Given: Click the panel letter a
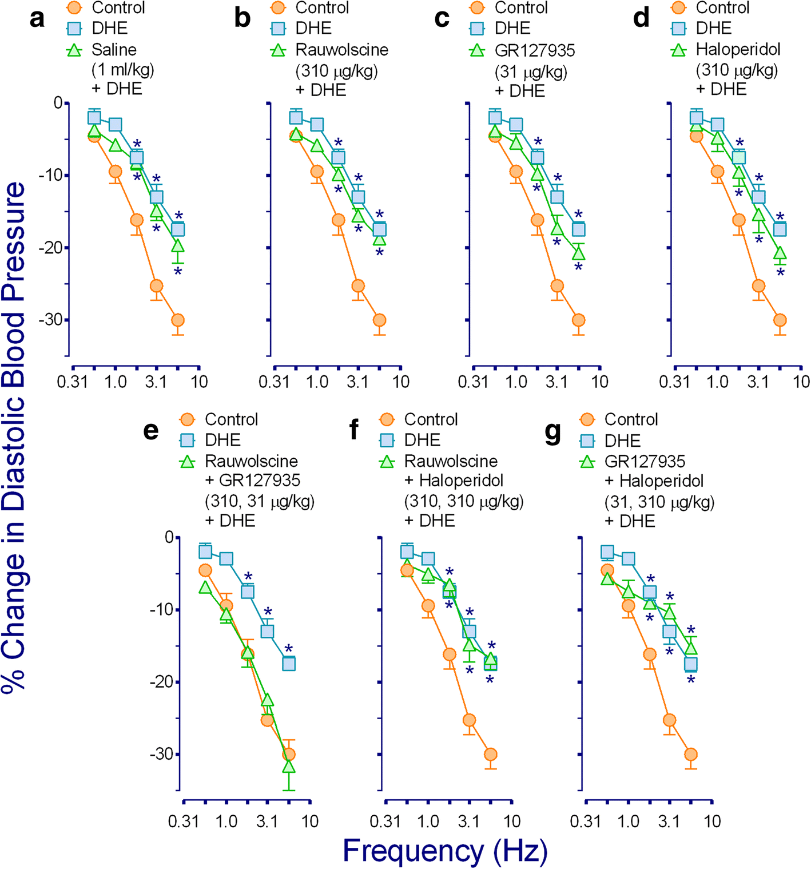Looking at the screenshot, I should coord(37,18).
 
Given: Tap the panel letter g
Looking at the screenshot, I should coord(553,432).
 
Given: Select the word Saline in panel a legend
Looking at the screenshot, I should coord(114,50).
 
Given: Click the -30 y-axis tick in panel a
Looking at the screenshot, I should coord(50,320).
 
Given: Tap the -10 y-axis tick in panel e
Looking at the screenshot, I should coord(161,609).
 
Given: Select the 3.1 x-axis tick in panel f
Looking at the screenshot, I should coord(469,822).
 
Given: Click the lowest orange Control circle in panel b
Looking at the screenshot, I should coord(379,320).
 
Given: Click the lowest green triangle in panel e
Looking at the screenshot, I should coord(289,766).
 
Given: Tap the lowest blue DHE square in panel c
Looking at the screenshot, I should coord(579,229).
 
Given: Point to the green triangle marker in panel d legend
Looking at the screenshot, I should coord(678,50).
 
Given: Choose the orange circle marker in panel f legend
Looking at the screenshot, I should coord(387,420).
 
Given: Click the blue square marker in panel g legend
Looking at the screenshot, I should coord(587,441).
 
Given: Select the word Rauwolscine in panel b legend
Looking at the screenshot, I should coord(341,50).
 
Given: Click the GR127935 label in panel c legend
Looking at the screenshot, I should coord(535,50).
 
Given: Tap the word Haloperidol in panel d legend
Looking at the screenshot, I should coord(738,50).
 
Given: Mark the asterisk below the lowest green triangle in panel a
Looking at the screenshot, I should coord(178,271).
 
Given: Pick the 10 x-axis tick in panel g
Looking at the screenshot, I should coord(712,822).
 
